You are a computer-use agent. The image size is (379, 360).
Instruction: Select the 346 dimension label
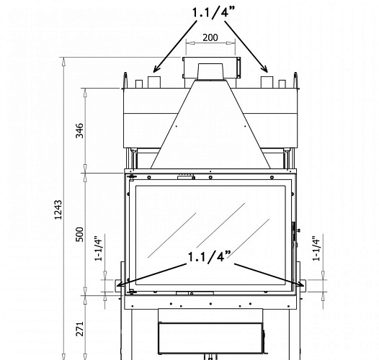(x=79, y=130)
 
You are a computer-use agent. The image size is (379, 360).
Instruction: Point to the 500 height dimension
(x=79, y=234)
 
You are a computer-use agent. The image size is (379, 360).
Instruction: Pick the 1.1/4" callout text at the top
(x=212, y=13)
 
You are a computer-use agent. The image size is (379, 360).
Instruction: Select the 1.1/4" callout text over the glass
(x=210, y=257)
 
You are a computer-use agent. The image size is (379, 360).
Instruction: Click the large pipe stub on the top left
(x=153, y=79)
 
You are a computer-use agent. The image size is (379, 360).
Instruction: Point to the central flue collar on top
(x=210, y=70)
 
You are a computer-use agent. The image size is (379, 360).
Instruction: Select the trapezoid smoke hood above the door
(x=210, y=130)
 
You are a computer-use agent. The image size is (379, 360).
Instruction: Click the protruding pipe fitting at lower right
(x=301, y=284)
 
